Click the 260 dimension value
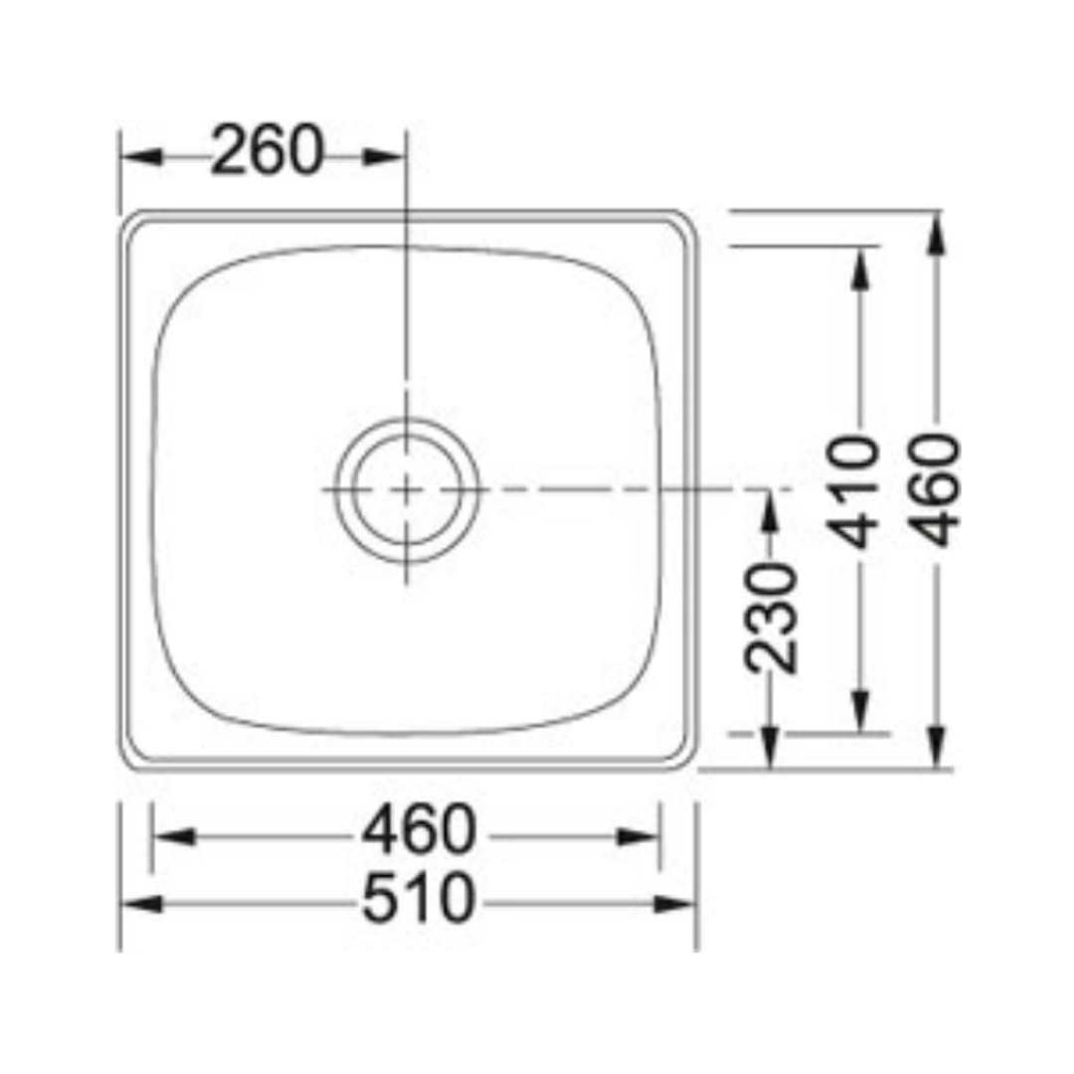click(268, 153)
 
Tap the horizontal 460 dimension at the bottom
click(419, 833)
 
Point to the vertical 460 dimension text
click(938, 489)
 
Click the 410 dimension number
click(858, 491)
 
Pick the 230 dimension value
click(773, 618)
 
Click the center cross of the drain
click(407, 489)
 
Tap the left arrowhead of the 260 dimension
click(140, 157)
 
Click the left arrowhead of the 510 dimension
click(140, 904)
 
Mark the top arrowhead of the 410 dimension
click(861, 267)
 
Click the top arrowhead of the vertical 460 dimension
click(937, 233)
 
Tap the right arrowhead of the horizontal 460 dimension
click(638, 836)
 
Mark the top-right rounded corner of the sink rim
click(685, 222)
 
